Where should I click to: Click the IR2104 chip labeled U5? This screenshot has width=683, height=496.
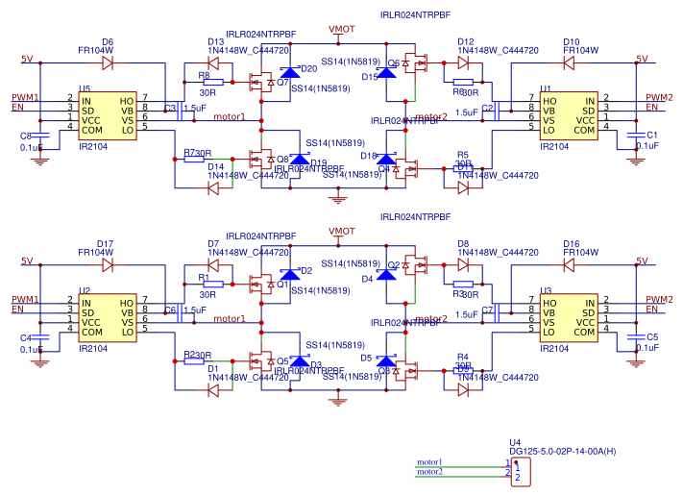point(108,115)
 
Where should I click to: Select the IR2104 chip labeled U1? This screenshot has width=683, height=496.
point(568,115)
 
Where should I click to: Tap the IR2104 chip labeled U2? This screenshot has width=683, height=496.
point(108,318)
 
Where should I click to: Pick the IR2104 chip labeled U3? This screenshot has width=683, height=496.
point(568,318)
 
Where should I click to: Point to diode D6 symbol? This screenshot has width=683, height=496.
point(108,62)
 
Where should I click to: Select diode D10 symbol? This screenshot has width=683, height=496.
point(569,62)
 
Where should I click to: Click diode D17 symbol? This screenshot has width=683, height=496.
point(108,264)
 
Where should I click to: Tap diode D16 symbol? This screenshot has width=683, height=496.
point(569,264)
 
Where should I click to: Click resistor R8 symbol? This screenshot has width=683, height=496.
point(214,83)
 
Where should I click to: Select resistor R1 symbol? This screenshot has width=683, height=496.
point(214,285)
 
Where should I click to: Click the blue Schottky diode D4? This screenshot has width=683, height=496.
point(386,274)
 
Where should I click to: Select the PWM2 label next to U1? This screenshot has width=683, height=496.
point(659,97)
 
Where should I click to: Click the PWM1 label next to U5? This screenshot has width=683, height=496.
point(25,98)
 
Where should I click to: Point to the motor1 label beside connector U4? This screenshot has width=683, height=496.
point(429,462)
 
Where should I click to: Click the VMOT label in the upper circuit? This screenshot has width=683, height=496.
point(341,30)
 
